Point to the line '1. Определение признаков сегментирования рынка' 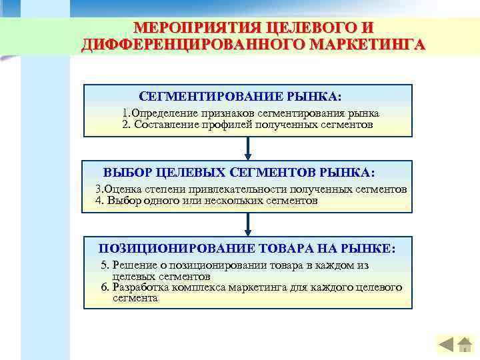pyautogui.click(x=251, y=113)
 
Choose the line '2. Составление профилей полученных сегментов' pyautogui.click(x=248, y=124)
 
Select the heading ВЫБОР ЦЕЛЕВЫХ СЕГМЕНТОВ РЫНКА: pyautogui.click(x=239, y=173)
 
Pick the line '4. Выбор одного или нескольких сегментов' pyautogui.click(x=207, y=200)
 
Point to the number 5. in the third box pyautogui.click(x=105, y=265)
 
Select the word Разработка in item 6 pyautogui.click(x=137, y=287)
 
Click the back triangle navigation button pyautogui.click(x=446, y=345)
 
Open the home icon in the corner pyautogui.click(x=463, y=344)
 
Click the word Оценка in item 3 pyautogui.click(x=121, y=189)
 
